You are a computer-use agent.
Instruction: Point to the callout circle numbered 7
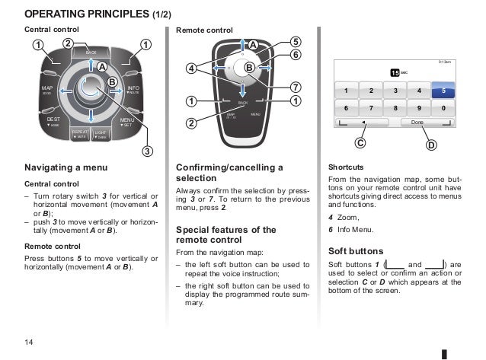294,85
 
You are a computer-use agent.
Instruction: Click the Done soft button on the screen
417,123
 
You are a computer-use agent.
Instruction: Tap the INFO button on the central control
133,91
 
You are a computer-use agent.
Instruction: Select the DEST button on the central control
53,122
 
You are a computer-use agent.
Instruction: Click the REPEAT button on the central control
80,134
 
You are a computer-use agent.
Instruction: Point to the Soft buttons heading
356,250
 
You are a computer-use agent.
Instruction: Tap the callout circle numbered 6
294,55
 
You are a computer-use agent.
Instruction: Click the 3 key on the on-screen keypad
394,91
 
